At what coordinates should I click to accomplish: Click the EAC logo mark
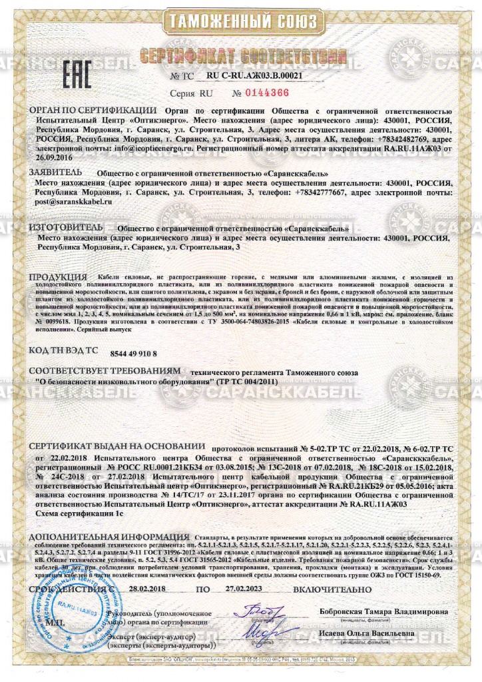point(77,75)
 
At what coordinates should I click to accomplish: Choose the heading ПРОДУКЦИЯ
point(59,276)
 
